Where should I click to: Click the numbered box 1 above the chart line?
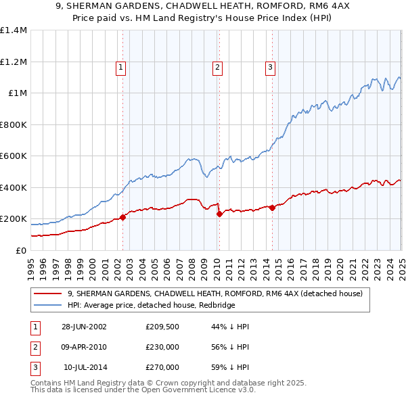(120, 67)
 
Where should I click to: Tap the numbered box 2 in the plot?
(217, 67)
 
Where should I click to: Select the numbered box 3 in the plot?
(270, 67)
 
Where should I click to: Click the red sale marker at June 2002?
(123, 217)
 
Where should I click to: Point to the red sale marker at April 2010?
(219, 214)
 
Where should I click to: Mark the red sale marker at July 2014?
(272, 208)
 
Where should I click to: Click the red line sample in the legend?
(47, 294)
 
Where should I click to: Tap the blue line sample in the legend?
(47, 305)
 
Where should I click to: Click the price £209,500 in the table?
(162, 327)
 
